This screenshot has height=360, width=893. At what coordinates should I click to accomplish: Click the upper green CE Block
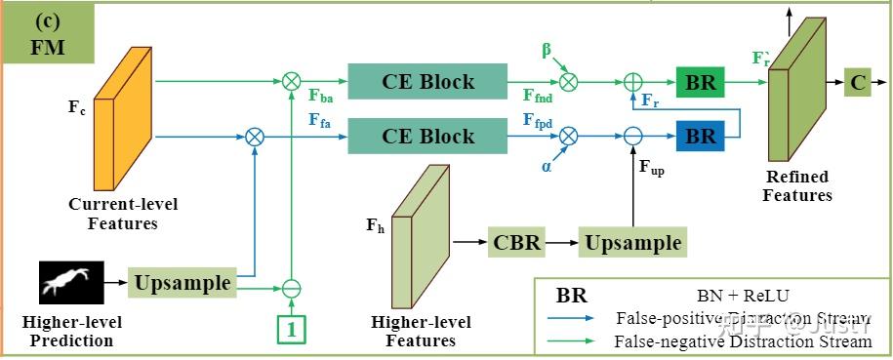click(427, 82)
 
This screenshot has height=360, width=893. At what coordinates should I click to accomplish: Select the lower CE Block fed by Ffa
click(427, 135)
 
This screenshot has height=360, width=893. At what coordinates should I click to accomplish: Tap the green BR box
click(700, 83)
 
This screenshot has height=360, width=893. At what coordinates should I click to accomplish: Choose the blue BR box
click(700, 136)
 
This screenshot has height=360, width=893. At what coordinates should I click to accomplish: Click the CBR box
click(516, 241)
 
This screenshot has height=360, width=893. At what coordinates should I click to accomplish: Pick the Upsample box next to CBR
click(631, 241)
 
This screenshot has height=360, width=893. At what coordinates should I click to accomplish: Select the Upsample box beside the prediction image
click(183, 284)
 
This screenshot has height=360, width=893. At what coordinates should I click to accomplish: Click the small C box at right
click(858, 83)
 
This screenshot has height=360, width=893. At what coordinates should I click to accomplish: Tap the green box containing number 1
click(291, 330)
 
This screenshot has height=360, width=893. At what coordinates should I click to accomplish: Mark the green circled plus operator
click(633, 83)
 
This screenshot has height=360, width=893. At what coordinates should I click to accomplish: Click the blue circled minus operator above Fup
click(633, 136)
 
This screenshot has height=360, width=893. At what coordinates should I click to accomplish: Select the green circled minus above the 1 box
click(291, 288)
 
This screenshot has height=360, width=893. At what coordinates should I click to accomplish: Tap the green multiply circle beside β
click(569, 83)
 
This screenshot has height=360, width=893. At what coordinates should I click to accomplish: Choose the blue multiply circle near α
click(569, 136)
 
